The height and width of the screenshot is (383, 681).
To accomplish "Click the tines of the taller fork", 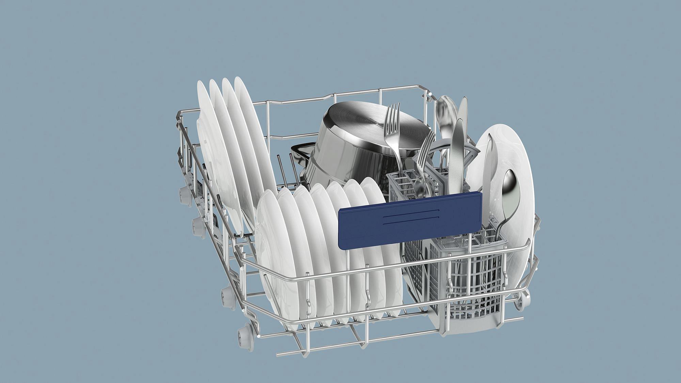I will coord(393,114).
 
